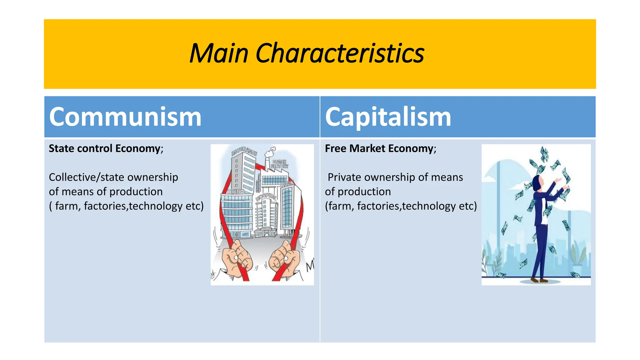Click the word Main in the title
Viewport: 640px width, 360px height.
tap(219, 53)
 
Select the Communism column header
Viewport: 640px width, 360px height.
tap(125, 117)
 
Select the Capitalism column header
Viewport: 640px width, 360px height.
tap(388, 117)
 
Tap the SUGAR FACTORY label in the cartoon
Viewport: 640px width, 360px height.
tap(279, 164)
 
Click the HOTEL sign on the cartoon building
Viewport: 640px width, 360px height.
tap(236, 192)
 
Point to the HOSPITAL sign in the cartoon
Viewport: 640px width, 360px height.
tap(266, 197)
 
